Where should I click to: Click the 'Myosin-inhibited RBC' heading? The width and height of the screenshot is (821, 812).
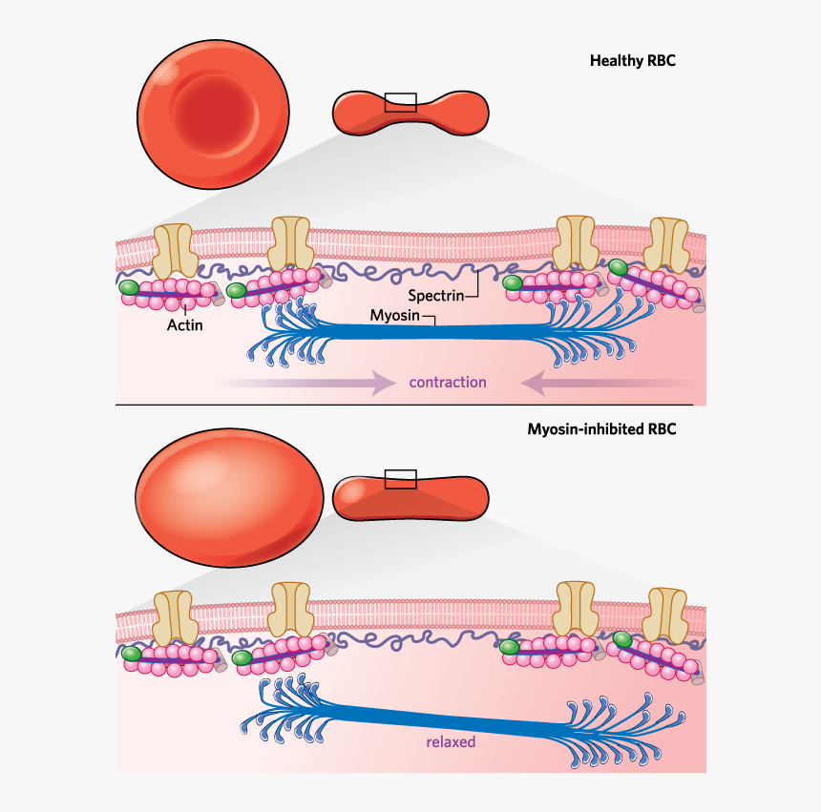[601, 429]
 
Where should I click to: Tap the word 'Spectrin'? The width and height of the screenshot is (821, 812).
[435, 295]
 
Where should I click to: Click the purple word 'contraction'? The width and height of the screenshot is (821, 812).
[448, 383]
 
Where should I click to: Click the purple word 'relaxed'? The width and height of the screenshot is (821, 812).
[451, 741]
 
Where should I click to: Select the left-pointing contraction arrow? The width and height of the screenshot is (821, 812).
[601, 383]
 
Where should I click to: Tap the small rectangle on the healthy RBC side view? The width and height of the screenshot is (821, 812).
[400, 101]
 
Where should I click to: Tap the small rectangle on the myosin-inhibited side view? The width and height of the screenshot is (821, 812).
[400, 479]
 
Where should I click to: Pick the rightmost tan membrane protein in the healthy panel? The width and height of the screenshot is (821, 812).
[668, 244]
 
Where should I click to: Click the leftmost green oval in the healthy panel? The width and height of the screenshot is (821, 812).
[129, 287]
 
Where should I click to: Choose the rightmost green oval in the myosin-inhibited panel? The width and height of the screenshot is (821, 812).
[622, 638]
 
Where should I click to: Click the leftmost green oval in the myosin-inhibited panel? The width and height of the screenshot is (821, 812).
[132, 654]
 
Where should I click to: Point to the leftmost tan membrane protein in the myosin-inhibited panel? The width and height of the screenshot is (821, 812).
[176, 616]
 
